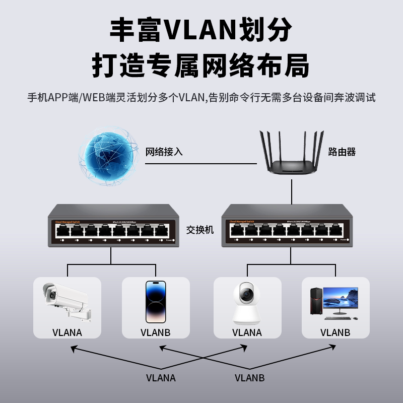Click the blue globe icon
(107, 156)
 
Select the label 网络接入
(164, 151)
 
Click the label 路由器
(342, 151)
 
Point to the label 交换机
(200, 230)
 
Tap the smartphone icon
(156, 301)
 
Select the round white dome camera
(246, 302)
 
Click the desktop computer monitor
(341, 301)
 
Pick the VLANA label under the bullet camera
(67, 332)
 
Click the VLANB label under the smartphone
(156, 332)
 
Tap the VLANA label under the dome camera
(247, 332)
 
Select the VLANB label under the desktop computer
(335, 332)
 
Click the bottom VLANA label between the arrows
(161, 378)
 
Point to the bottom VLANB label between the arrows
(249, 378)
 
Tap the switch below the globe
(112, 225)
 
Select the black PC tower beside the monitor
(315, 302)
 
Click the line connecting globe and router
(201, 164)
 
